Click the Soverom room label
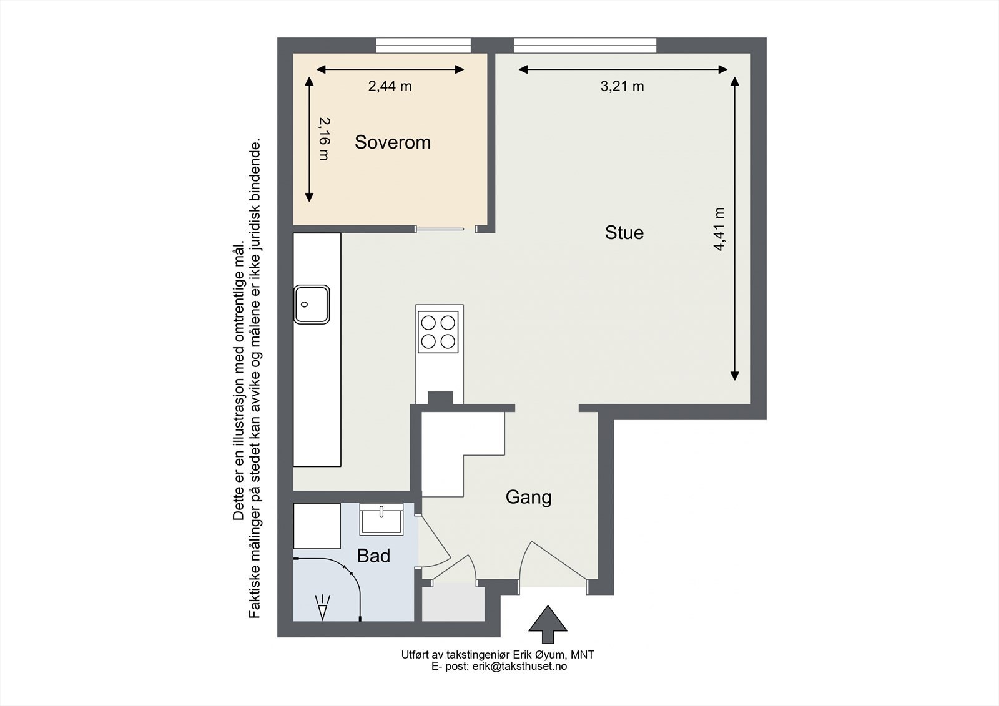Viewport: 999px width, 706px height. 393,142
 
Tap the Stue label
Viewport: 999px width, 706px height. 624,233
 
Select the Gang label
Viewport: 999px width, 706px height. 528,498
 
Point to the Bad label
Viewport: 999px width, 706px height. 374,556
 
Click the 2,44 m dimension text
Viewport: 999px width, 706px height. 390,86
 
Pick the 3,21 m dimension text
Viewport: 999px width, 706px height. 622,86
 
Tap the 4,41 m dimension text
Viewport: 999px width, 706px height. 719,229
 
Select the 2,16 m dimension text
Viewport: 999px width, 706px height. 325,139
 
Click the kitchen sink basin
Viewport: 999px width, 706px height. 312,305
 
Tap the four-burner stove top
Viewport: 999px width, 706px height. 438,332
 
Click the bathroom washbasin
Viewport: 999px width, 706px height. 381,519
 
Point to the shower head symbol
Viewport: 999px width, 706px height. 322,607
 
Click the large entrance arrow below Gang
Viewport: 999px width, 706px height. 548,624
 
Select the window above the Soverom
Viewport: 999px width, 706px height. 423,46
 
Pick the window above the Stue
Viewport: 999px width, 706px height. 585,46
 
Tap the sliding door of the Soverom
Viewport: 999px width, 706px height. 440,229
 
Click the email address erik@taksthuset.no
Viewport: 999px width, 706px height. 519,667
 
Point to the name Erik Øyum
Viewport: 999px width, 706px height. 539,655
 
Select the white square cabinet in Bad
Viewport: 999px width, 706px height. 317,526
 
